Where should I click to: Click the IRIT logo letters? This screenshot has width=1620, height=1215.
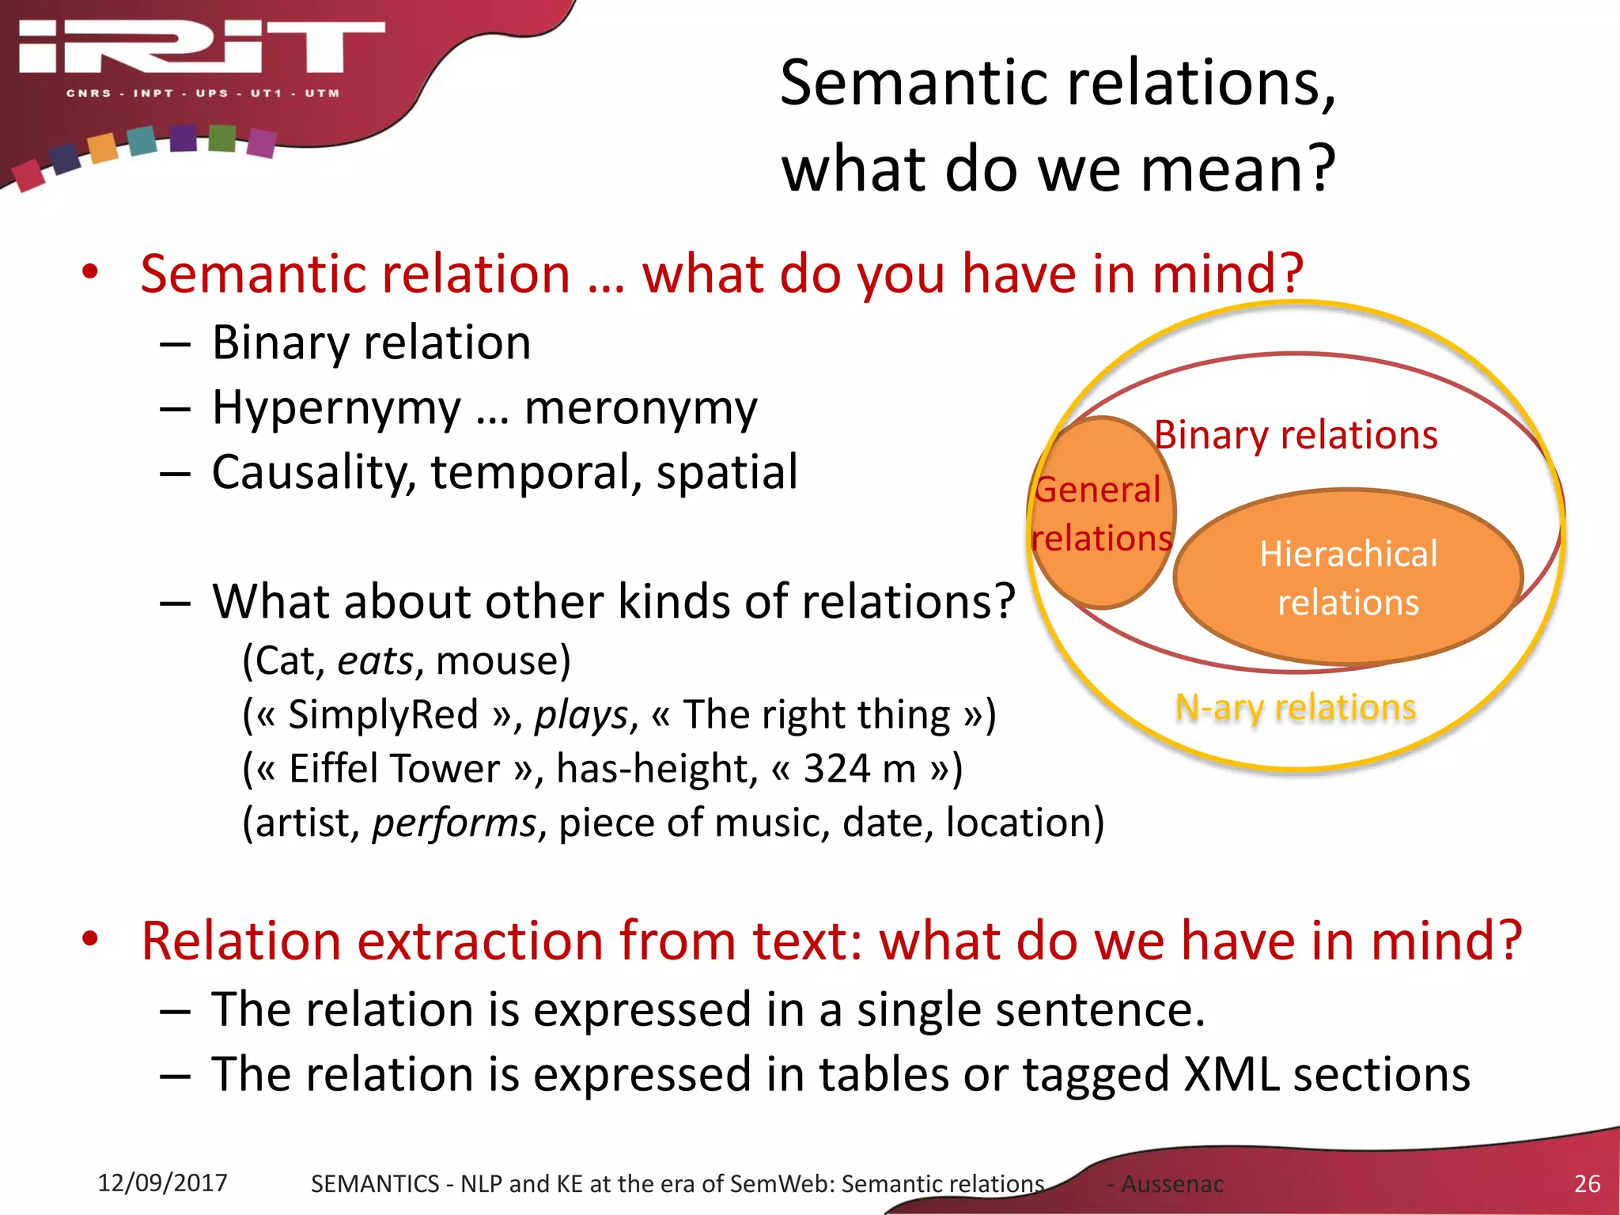pos(202,47)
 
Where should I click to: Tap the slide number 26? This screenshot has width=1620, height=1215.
pos(1587,1183)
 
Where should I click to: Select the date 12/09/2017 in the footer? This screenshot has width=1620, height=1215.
pos(162,1183)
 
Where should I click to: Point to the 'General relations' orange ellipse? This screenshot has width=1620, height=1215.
pos(1102,513)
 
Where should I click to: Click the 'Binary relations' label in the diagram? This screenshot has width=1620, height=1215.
pos(1296,435)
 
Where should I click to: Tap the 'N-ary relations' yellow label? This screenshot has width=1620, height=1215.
pos(1296,707)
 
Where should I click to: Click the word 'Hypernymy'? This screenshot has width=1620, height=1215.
pos(336,409)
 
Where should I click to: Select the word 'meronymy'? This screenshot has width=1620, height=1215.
pos(641,409)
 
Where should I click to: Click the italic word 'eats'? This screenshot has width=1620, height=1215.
pos(376,660)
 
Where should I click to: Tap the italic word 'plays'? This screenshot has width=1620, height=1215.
pos(581,715)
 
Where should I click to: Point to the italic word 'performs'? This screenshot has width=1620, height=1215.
pos(455,823)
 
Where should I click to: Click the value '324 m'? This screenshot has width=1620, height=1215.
pos(859,768)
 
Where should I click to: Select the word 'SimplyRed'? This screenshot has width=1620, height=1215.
pos(383,714)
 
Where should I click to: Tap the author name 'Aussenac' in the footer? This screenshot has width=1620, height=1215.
pos(1172,1184)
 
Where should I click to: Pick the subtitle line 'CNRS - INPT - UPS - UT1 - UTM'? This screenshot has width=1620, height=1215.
pos(202,93)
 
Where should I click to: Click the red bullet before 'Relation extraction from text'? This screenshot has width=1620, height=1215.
pos(90,939)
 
